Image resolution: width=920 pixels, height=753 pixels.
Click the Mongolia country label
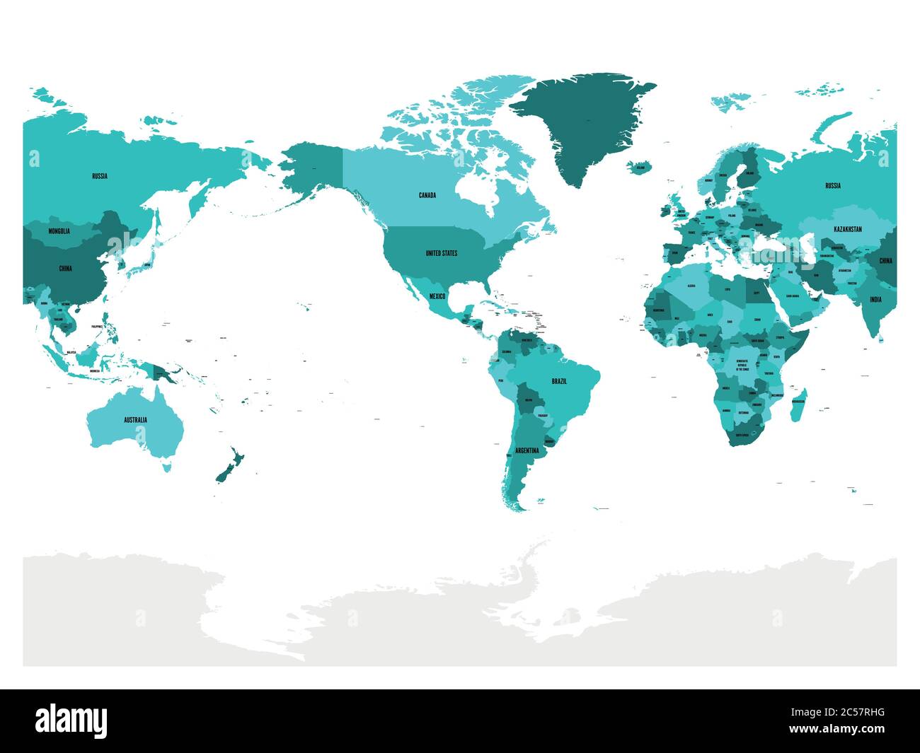tap(59, 231)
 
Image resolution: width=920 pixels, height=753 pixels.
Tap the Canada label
tap(427, 195)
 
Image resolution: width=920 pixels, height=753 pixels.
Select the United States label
tap(441, 252)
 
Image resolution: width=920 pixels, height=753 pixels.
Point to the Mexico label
tap(437, 296)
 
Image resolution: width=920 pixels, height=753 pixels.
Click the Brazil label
tap(559, 381)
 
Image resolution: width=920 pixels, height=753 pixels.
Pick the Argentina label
tap(527, 450)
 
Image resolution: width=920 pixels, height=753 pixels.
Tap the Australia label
tap(135, 420)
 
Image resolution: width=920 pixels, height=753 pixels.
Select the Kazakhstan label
tap(847, 230)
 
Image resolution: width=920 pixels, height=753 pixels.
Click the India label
tap(875, 299)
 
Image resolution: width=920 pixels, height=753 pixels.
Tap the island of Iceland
tap(640, 168)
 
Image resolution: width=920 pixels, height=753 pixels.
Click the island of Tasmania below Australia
tap(167, 467)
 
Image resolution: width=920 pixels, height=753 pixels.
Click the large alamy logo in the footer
tap(71, 721)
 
